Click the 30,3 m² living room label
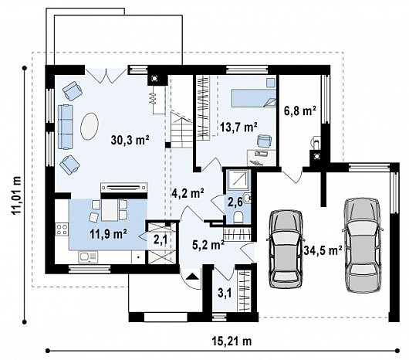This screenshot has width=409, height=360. click(130, 140)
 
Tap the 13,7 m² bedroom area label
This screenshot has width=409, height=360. click(238, 127)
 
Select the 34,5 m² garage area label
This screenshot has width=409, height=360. click(323, 250)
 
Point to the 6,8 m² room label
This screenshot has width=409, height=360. click(300, 111)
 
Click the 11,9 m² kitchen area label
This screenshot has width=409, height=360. click(108, 234)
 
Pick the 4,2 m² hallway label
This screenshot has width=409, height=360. click(188, 193)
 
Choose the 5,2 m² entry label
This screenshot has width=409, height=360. click(208, 245)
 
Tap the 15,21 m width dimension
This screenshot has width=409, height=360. click(232, 341)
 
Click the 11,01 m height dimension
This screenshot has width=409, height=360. click(17, 195)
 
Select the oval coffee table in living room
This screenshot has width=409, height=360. click(90, 126)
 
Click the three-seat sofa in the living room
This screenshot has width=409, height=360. click(65, 127)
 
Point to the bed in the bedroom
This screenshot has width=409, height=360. click(254, 98)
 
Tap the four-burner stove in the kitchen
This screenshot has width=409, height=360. click(62, 229)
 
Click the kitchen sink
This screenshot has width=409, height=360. click(88, 257)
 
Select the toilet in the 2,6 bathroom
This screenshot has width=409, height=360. click(238, 217)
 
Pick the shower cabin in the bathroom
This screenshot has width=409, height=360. click(238, 179)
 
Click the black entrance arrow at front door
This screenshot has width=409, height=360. click(192, 277)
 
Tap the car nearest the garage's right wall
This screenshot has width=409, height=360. click(363, 245)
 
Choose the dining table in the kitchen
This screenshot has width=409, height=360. click(110, 209)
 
